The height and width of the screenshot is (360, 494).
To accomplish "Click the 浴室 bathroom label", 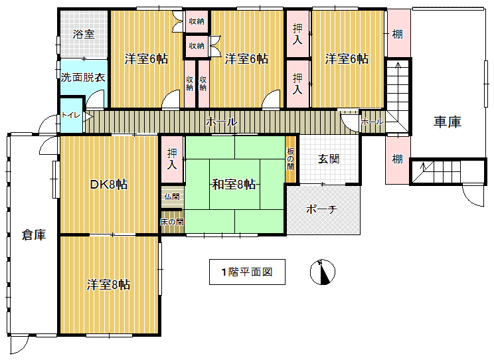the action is click(84, 34).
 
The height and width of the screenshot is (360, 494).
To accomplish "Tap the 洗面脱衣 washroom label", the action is click(83, 77).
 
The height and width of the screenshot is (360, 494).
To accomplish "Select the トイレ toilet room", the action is click(71, 116).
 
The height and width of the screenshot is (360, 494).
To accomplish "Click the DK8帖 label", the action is click(109, 185).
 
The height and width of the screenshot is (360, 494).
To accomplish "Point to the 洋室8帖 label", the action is click(109, 285).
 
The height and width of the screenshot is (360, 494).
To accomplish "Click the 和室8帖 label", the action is click(234, 185).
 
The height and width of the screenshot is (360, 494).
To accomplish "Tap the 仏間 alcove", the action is click(172, 197).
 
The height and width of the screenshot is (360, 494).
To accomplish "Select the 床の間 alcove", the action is click(172, 222).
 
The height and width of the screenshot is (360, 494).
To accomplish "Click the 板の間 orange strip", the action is click(290, 159).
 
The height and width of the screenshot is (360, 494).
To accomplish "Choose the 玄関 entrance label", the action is click(329, 159).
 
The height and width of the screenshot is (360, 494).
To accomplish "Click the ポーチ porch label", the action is click(321, 209).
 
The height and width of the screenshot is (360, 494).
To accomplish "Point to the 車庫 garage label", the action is click(448, 122).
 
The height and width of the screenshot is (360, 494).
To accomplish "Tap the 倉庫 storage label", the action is click(34, 235).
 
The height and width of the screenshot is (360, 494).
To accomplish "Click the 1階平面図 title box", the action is click(247, 272).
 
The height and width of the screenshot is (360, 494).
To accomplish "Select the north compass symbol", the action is click(323, 272).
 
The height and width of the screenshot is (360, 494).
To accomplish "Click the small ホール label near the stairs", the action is click(372, 122).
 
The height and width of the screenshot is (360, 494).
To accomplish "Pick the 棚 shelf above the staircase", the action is click(398, 34).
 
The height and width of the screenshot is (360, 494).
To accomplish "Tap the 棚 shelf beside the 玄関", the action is click(398, 159).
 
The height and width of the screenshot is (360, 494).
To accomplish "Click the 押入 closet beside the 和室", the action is click(172, 159).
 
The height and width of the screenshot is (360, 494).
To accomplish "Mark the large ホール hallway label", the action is click(221, 122).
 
